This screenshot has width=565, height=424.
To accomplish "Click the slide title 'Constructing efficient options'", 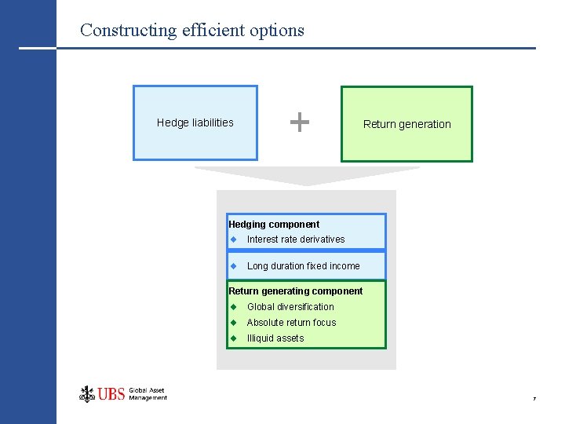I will point(192,31).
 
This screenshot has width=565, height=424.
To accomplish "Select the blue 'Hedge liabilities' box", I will point(195,122).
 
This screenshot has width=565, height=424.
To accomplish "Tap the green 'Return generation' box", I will point(406,124).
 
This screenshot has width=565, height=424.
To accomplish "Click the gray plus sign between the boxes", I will point(299,122).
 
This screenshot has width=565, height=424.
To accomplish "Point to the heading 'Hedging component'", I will point(274,225).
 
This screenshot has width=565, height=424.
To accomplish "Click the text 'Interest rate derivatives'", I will point(296,239).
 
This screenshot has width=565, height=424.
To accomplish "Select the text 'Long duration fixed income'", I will point(303,266).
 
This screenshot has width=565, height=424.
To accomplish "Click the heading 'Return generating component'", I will point(295,291).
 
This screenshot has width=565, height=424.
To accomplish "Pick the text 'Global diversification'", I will point(290,307).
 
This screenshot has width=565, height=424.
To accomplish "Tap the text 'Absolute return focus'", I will point(291,323).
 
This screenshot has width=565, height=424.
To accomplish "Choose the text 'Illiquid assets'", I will point(275,338).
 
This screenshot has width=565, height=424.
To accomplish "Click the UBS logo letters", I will point(112,394).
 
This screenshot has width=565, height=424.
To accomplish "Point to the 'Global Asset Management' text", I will point(148,394).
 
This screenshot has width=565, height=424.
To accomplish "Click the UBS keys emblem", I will point(87,393).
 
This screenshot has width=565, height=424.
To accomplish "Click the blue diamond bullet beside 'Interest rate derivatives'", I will point(233,239).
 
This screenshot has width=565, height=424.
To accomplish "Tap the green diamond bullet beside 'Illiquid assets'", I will point(233,338).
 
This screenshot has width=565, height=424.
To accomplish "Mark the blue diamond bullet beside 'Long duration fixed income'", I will point(233,266).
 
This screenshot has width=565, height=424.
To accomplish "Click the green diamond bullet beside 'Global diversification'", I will point(233,307).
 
